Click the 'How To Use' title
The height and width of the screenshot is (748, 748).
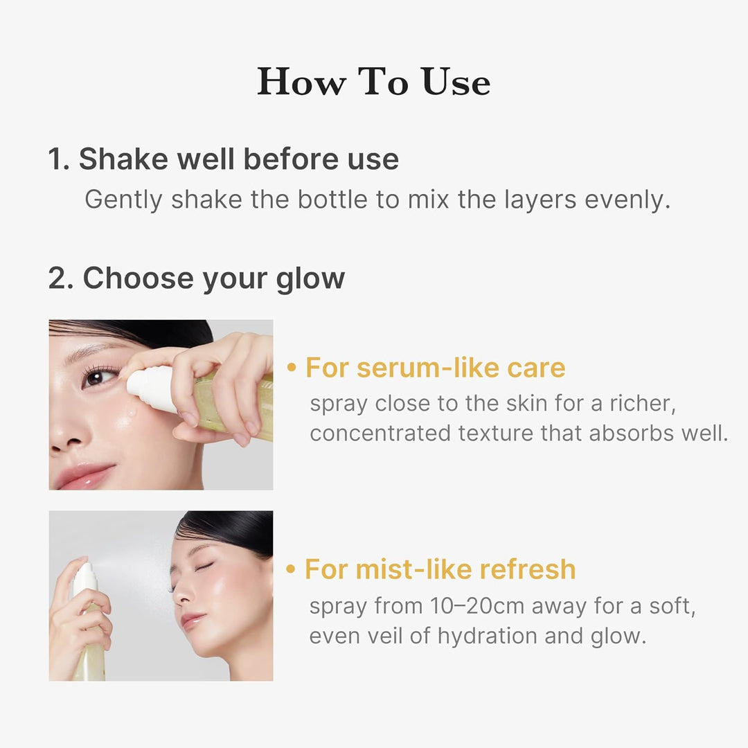click(374, 82)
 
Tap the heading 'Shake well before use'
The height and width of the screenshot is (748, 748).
click(238, 159)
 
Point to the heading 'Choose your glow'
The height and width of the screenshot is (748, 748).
click(213, 278)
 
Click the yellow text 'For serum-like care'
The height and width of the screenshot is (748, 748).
click(436, 368)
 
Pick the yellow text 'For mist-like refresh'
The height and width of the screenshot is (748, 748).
click(440, 569)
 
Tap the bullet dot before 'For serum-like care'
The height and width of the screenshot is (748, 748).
click(292, 368)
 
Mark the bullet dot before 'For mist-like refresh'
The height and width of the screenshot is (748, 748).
click(292, 570)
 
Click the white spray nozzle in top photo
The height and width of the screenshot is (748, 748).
click(149, 388)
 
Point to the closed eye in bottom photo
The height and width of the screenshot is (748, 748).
click(202, 567)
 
